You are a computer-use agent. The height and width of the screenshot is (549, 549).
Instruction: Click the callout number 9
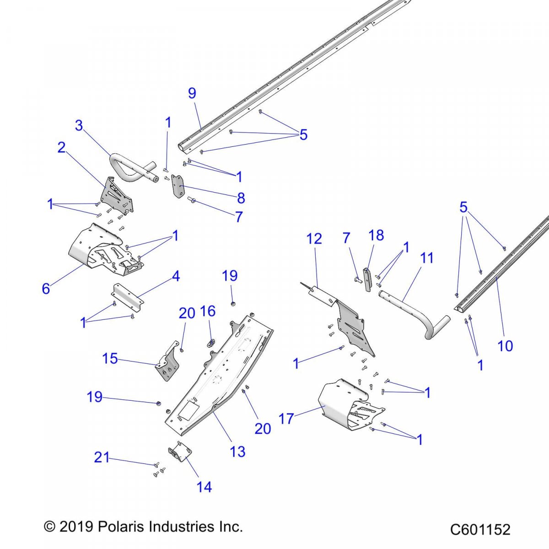click(192, 93)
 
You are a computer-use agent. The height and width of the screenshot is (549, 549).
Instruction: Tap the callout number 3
click(79, 125)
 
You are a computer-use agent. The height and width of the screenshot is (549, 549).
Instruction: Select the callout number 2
click(61, 147)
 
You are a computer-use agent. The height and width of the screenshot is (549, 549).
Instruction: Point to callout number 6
click(46, 289)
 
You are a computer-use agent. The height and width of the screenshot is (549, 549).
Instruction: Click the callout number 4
click(176, 276)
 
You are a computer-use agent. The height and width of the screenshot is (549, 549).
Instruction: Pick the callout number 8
click(241, 198)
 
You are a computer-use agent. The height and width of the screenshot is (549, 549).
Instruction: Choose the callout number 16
click(208, 311)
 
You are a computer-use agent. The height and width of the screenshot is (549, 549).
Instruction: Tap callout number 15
click(110, 358)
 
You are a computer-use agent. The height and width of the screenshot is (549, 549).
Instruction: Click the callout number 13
click(237, 452)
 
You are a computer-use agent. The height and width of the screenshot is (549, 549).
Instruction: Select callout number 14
click(204, 487)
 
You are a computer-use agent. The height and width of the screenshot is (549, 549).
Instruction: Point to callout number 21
click(102, 457)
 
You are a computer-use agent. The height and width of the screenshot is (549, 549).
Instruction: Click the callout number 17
click(286, 418)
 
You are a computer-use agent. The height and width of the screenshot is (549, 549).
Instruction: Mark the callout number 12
click(314, 238)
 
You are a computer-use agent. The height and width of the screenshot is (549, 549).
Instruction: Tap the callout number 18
click(376, 235)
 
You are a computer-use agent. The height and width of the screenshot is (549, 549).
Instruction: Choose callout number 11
click(426, 258)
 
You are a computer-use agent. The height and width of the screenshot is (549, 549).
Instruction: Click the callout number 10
click(505, 346)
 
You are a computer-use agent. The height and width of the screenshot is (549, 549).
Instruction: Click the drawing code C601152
click(480, 529)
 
